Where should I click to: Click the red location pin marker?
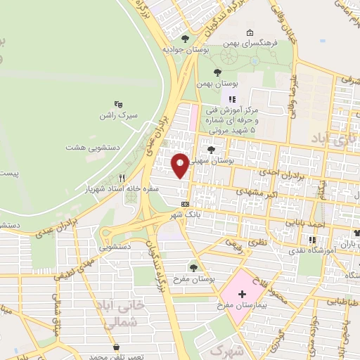coord(181,165)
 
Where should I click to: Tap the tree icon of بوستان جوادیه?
coord(185,39)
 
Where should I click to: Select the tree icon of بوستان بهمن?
coord(217,72)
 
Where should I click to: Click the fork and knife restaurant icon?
coord(123,178)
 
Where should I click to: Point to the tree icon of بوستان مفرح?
coord(193,266)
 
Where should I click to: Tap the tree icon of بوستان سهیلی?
coord(212,149)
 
